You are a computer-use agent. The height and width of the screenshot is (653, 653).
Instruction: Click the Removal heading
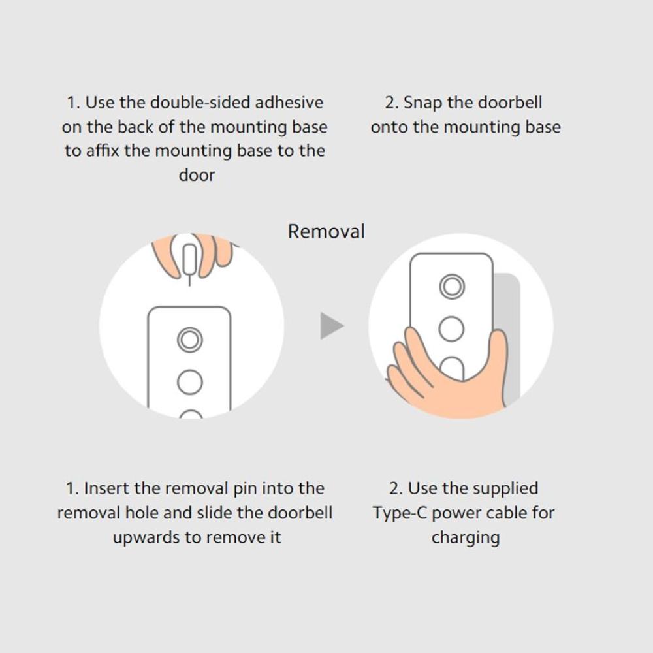click(x=326, y=232)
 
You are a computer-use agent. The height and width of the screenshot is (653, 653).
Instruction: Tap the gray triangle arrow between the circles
click(x=332, y=326)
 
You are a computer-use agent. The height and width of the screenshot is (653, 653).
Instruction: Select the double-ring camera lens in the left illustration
click(x=190, y=340)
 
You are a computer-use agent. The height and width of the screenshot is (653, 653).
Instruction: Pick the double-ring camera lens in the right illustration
click(x=452, y=287)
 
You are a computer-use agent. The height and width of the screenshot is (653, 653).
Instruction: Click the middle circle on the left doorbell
click(x=190, y=382)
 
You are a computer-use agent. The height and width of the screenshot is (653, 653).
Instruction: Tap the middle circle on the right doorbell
click(x=452, y=328)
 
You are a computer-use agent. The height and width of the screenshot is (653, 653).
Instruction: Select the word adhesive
click(x=289, y=103)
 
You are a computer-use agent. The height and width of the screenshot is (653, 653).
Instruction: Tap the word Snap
click(x=423, y=103)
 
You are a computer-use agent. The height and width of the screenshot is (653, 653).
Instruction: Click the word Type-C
click(x=400, y=513)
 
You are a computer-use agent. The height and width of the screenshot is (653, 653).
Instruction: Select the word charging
click(x=466, y=538)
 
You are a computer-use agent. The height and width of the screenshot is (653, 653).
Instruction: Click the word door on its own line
click(x=197, y=175)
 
